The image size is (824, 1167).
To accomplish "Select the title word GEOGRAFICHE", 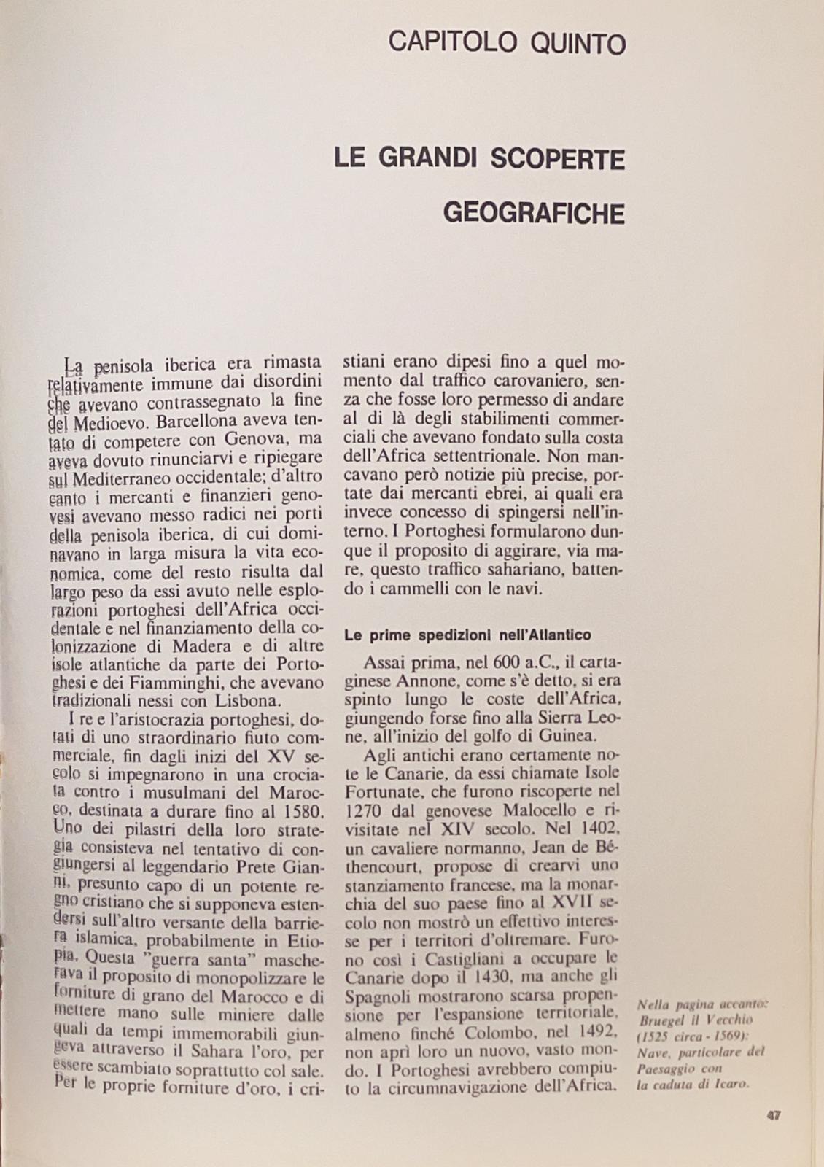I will (x=534, y=213).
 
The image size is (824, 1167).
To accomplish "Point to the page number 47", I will (x=774, y=1115).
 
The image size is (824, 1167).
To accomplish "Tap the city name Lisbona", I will (x=246, y=701).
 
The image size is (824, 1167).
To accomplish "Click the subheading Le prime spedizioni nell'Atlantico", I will (x=467, y=635).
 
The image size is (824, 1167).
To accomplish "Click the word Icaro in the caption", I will (x=728, y=1084).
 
